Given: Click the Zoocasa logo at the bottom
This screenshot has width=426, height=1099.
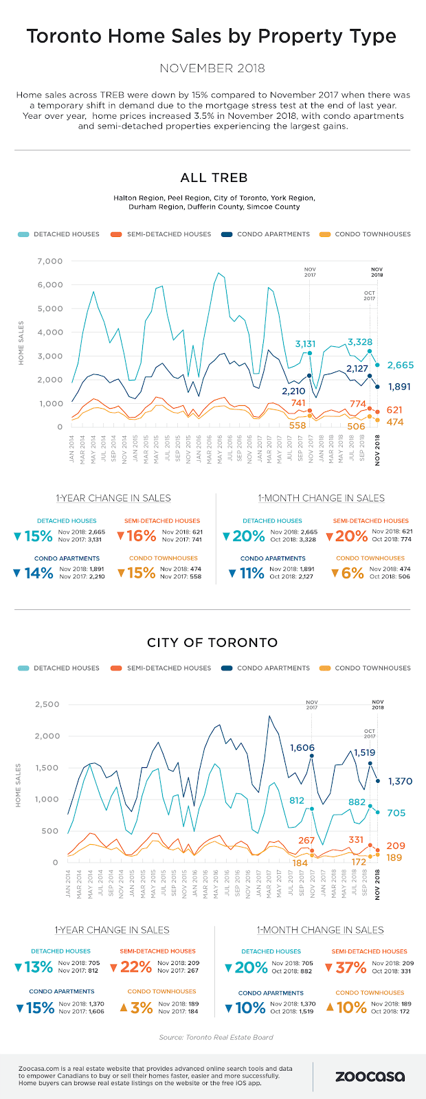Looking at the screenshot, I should tap(370, 1076).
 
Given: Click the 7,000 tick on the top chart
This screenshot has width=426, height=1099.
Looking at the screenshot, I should tap(50, 262).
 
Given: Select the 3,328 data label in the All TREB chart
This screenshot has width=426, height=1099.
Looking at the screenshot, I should tap(360, 342).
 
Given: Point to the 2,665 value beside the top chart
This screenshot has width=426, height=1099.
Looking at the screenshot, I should tap(400, 365).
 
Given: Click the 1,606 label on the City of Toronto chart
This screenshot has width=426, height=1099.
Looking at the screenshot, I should tap(302, 748).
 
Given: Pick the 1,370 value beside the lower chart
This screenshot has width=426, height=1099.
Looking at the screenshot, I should tap(399, 781).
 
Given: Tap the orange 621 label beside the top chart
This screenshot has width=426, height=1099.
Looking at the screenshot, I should tap(394, 410).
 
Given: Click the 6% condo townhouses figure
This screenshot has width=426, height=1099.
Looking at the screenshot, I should tap(352, 573).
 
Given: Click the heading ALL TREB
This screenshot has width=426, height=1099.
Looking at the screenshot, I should tap(213, 178).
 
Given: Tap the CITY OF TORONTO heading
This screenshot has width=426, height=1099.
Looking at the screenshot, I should tap(213, 643).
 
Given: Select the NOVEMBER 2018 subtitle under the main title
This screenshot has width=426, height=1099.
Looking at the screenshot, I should tap(212, 68).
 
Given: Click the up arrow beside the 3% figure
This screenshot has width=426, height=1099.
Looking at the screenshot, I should tap(124, 1008).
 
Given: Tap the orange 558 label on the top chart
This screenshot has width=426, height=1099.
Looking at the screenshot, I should tap(297, 426).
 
